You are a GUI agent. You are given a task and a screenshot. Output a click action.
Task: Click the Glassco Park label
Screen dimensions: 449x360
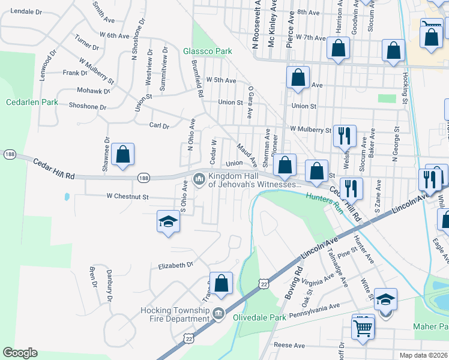207,52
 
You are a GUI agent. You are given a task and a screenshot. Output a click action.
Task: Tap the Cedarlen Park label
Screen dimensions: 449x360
32,102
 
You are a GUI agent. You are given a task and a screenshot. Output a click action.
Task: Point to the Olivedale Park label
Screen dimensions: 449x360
259,317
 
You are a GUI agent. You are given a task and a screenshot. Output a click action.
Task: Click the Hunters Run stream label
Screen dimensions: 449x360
324,200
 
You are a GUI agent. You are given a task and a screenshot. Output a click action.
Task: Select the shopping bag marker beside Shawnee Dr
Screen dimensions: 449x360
122,155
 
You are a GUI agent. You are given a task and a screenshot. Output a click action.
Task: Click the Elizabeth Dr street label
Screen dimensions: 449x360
176,264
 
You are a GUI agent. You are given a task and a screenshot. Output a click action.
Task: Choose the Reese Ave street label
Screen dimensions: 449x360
289,345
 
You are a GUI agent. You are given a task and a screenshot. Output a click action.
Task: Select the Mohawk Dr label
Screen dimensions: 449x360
94,91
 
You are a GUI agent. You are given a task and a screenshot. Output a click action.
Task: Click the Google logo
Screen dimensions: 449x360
20,353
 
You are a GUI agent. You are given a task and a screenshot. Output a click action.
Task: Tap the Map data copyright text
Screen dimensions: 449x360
423,355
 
